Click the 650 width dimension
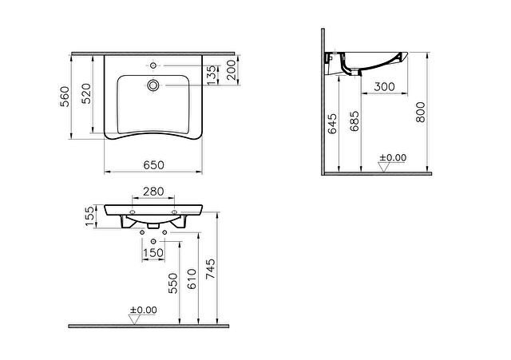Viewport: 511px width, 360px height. tap(154, 165)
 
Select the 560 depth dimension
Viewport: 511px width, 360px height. tap(65, 97)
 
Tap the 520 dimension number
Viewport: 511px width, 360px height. tap(86, 94)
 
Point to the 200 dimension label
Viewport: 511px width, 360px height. tap(231, 69)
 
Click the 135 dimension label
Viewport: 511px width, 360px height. tap(212, 75)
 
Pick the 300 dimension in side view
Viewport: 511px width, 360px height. tap(384, 87)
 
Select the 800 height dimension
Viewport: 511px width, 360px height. tap(421, 112)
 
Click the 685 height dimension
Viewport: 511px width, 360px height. tap(355, 121)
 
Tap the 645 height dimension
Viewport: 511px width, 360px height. tap(332, 124)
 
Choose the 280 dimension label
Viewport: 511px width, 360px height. tap(153, 192)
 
